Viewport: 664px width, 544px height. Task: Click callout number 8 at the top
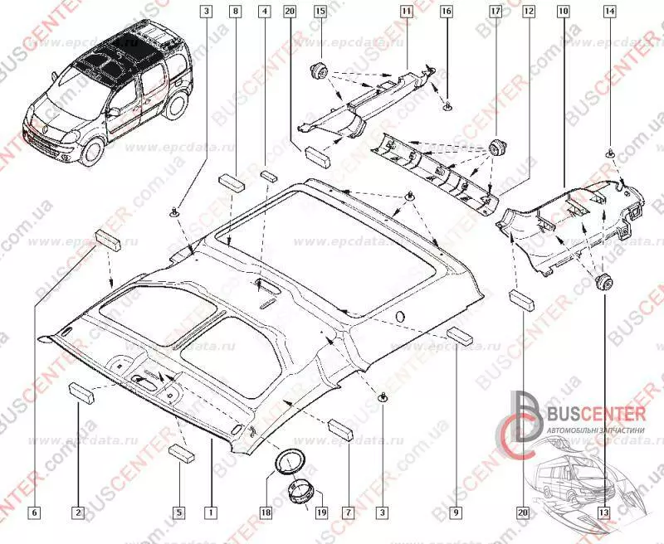click(236, 12)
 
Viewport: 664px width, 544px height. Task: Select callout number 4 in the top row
click(263, 12)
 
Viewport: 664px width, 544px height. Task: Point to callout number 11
click(406, 12)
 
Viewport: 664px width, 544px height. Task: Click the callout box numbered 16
click(446, 12)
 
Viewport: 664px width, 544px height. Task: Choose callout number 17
click(495, 12)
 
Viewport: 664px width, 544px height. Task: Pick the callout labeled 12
click(528, 12)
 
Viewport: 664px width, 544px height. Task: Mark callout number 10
click(564, 12)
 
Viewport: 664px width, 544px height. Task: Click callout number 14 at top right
click(610, 12)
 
